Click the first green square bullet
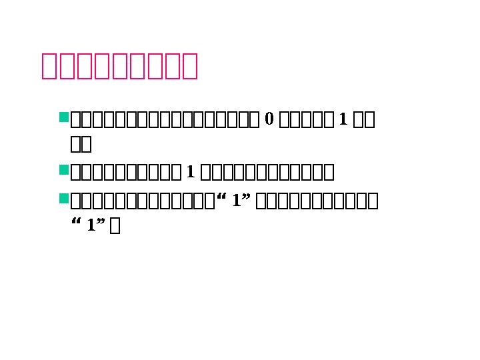click(64, 118)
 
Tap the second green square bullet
click(64, 171)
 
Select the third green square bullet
click(64, 198)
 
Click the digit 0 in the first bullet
click(269, 119)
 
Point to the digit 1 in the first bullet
click(343, 119)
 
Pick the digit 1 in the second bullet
click(190, 173)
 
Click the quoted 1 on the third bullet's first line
click(237, 201)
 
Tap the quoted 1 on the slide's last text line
click(91, 225)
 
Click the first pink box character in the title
click(51, 66)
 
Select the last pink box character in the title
click(189, 66)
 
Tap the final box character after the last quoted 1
click(115, 227)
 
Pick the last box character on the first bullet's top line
click(369, 120)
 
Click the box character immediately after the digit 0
click(283, 120)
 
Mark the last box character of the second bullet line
click(329, 173)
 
